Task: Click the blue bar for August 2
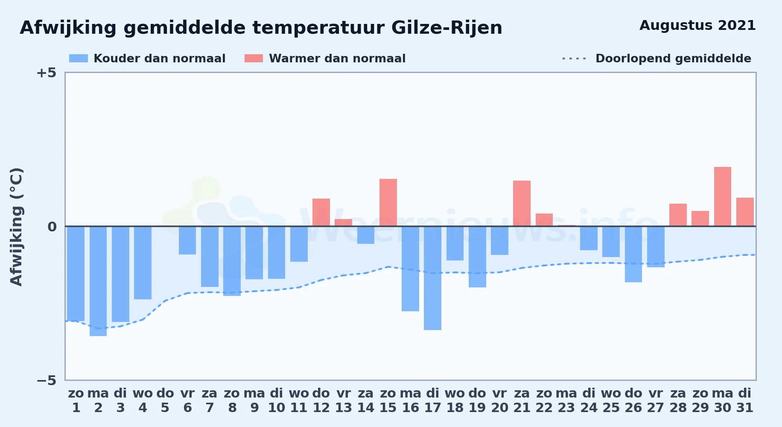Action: tap(98, 281)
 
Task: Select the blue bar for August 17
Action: tap(432, 278)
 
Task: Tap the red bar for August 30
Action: tap(723, 196)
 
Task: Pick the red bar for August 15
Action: tap(388, 202)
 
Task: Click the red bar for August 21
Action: tap(522, 203)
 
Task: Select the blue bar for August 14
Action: tap(366, 235)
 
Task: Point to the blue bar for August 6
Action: tap(187, 240)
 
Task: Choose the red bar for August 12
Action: tap(321, 212)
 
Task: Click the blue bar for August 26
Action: tap(633, 254)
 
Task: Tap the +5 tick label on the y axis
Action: tap(46, 73)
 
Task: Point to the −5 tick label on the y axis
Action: tap(46, 380)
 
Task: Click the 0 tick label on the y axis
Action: tap(52, 226)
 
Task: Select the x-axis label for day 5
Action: tap(165, 401)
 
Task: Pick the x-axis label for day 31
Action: tap(745, 401)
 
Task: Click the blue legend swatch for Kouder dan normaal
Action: tap(79, 58)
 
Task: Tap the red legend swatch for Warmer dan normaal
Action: tap(254, 58)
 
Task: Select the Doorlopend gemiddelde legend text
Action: tap(673, 58)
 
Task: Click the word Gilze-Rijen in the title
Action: tap(446, 28)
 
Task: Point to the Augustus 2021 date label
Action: tap(697, 26)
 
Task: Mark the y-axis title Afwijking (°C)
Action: tap(16, 227)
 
